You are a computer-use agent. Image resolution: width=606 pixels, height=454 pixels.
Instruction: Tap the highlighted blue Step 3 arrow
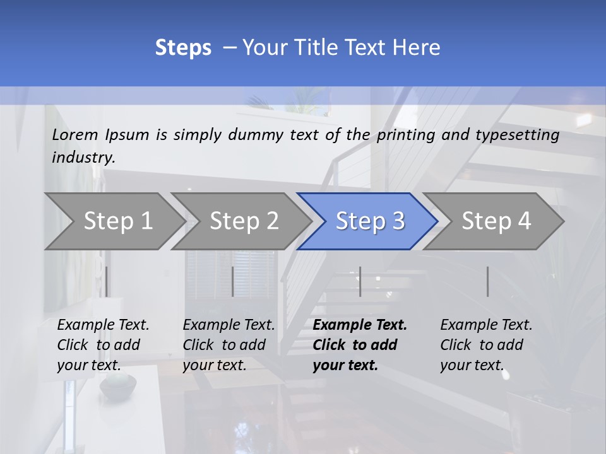(370, 221)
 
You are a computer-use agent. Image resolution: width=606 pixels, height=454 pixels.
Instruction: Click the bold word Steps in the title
(183, 47)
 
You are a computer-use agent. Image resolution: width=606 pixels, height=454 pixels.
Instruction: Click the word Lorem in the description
(75, 135)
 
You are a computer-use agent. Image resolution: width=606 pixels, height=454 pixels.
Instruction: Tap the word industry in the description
(83, 158)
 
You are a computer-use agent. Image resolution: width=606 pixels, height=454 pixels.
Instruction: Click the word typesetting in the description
(517, 135)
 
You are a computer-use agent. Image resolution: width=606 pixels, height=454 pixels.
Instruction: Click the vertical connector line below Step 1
(107, 281)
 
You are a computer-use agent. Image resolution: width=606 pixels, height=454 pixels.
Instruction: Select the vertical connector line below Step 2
(233, 281)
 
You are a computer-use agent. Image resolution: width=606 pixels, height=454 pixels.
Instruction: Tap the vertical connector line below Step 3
(360, 281)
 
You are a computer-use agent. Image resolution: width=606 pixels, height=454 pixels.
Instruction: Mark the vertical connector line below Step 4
(487, 281)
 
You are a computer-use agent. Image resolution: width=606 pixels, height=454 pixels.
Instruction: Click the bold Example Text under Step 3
(360, 325)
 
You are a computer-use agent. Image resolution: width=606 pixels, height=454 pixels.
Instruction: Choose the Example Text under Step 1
(103, 325)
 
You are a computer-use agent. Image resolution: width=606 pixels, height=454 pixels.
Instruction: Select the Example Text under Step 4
(486, 325)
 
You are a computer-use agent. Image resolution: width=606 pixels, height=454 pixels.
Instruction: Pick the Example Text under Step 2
(229, 325)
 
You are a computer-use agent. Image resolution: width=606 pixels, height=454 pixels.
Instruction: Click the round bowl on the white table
(117, 385)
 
